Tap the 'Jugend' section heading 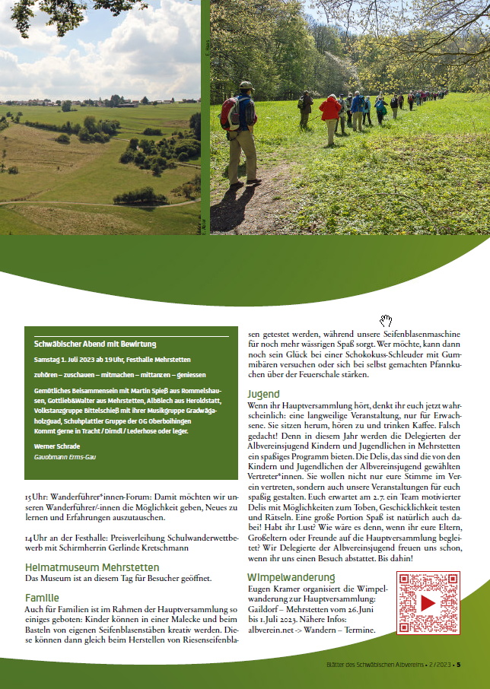click(x=263, y=394)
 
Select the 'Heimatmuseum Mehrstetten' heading click(x=92, y=567)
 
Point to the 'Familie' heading click(x=42, y=598)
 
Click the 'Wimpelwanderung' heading click(x=291, y=577)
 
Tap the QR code click(x=428, y=603)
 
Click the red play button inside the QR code click(x=428, y=603)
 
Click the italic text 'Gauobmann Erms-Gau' click(x=65, y=457)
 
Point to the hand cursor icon click(x=386, y=320)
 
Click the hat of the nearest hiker click(x=246, y=85)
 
